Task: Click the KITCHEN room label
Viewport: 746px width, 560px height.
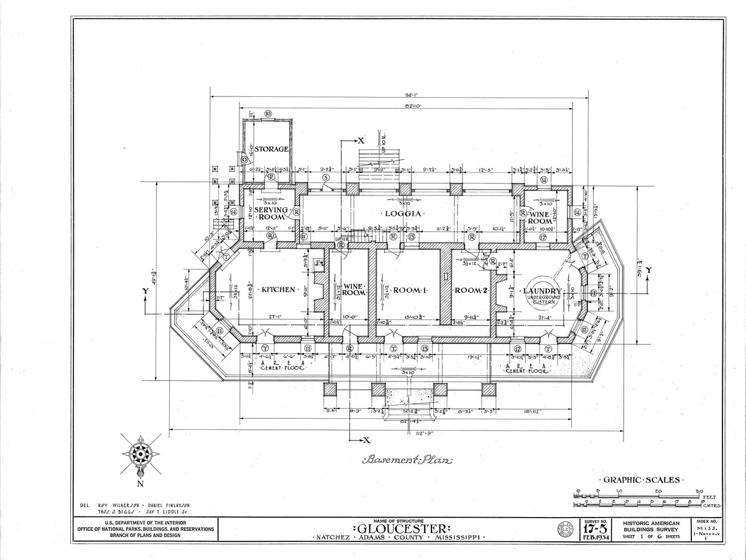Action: [278, 290]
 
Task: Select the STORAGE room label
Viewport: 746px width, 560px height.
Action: [271, 149]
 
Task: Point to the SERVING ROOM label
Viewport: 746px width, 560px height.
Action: [271, 214]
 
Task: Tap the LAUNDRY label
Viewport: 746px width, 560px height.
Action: [542, 291]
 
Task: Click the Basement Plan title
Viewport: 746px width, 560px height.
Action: [408, 460]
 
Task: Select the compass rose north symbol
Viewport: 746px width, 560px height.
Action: [140, 455]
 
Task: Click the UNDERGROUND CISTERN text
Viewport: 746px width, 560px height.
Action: [544, 300]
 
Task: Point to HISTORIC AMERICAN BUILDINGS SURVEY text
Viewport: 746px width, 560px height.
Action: [652, 526]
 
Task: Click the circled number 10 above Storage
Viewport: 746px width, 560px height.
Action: [268, 114]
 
